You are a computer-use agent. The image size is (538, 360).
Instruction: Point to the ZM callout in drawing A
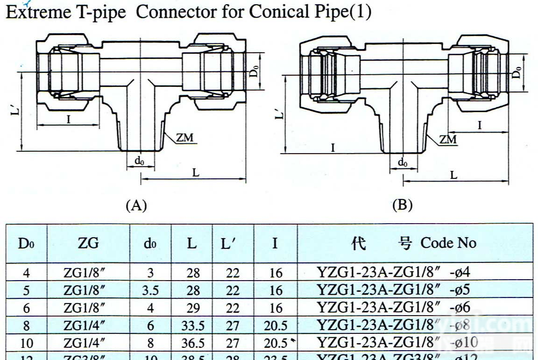pyautogui.click(x=184, y=138)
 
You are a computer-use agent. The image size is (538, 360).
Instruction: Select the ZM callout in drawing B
pyautogui.click(x=448, y=139)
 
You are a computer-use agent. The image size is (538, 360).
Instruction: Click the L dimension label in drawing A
pyautogui.click(x=196, y=172)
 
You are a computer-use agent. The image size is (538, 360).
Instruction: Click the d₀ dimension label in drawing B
pyautogui.click(x=403, y=162)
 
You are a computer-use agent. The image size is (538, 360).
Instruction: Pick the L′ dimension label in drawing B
pyautogui.click(x=279, y=114)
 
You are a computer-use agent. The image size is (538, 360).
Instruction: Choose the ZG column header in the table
pyautogui.click(x=88, y=243)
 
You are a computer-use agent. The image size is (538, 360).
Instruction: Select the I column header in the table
pyautogui.click(x=275, y=243)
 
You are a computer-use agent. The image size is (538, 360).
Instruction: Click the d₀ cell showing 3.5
pyautogui.click(x=150, y=290)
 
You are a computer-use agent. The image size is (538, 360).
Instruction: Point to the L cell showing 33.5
pyautogui.click(x=193, y=326)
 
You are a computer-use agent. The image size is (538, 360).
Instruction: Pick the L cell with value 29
pyautogui.click(x=193, y=308)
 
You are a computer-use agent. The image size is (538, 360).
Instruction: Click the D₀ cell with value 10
pyautogui.click(x=27, y=344)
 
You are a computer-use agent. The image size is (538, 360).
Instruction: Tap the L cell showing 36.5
pyautogui.click(x=193, y=344)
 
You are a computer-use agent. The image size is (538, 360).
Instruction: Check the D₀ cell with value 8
pyautogui.click(x=27, y=326)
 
